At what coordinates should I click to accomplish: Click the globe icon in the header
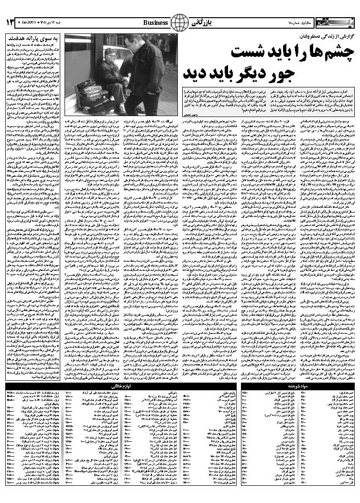click(180, 22)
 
